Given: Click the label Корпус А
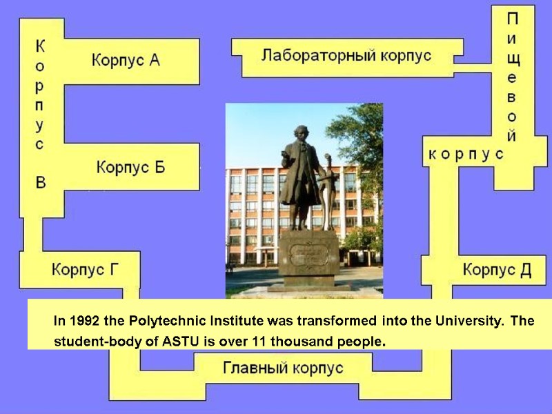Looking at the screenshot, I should (x=126, y=60).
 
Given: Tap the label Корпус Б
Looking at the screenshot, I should (x=130, y=167).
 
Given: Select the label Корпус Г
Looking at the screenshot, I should (x=85, y=269).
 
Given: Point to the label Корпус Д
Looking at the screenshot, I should (x=497, y=269).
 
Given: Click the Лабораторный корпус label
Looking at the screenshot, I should (x=346, y=55).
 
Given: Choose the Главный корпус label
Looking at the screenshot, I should (x=283, y=368).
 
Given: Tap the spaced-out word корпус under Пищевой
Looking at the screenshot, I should (x=466, y=154).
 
